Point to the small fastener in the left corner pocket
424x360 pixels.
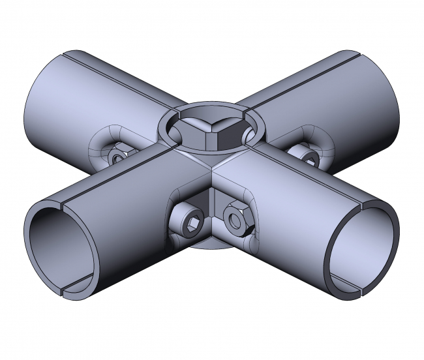pyautogui.click(x=117, y=157)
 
